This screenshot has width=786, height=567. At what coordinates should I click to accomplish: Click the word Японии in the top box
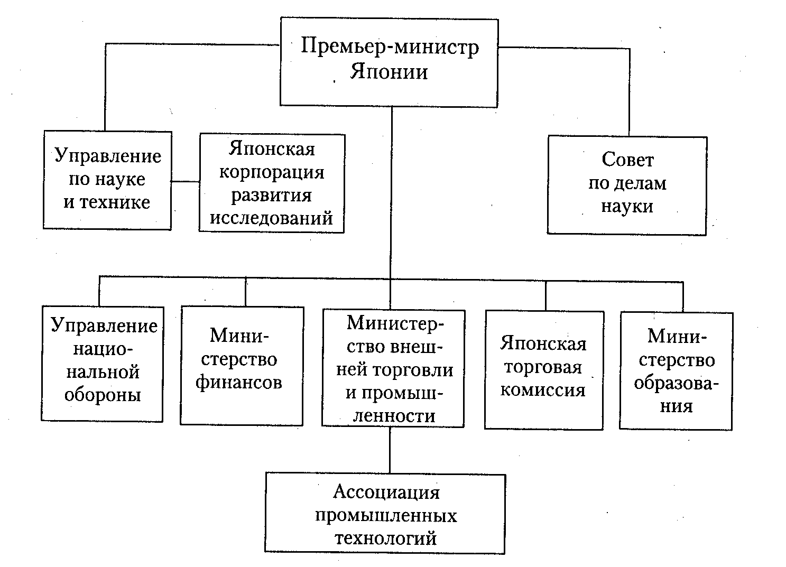click(389, 71)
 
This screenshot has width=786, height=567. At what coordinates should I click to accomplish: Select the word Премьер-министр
click(390, 47)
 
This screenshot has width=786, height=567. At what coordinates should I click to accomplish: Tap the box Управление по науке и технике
click(107, 180)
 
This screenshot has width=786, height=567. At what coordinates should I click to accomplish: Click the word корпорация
click(272, 172)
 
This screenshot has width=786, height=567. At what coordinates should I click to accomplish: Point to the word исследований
click(272, 218)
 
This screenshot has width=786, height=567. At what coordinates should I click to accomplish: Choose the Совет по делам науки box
click(627, 184)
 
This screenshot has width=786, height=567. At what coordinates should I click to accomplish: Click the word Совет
click(627, 160)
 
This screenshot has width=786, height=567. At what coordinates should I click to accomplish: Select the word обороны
click(103, 395)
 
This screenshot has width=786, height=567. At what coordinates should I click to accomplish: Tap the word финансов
click(238, 383)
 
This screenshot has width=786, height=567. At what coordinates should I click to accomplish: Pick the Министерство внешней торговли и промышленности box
click(393, 368)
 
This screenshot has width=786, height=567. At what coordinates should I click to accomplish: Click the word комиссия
click(543, 391)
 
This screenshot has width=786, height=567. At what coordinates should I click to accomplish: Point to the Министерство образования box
click(676, 370)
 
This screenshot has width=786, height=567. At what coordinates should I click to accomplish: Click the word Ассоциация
click(386, 492)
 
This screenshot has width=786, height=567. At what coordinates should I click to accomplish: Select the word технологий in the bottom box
click(386, 538)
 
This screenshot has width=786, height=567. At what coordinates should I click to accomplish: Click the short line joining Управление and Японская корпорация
click(185, 182)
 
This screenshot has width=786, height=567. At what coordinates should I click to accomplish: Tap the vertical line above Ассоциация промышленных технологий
click(390, 450)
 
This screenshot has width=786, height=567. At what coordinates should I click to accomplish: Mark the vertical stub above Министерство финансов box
click(246, 292)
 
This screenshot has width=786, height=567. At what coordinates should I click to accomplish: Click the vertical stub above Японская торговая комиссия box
click(545, 295)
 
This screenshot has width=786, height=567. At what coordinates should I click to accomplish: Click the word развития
click(272, 195)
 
